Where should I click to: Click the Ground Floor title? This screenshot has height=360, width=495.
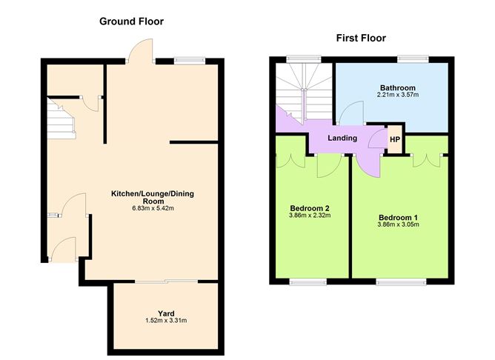pos(131,21)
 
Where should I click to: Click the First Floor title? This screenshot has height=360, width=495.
pos(361,38)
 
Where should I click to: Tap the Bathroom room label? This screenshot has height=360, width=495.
pos(392,87)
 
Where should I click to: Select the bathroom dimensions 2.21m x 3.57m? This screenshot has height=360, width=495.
pos(392,96)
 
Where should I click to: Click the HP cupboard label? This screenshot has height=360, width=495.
pos(395,139)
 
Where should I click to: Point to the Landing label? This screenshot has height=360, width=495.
pos(342,138)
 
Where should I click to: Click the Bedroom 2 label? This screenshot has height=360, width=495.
pos(309,208)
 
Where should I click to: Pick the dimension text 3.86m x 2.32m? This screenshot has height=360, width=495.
pos(309,216)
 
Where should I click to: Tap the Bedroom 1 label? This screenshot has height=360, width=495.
pos(399,217)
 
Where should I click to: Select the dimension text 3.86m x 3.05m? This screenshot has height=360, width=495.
pos(399,225)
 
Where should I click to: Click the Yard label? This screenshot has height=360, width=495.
pos(166,313)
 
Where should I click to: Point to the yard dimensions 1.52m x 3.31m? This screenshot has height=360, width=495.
pos(166,321)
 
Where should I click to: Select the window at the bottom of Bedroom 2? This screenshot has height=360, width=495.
pos(308,281)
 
